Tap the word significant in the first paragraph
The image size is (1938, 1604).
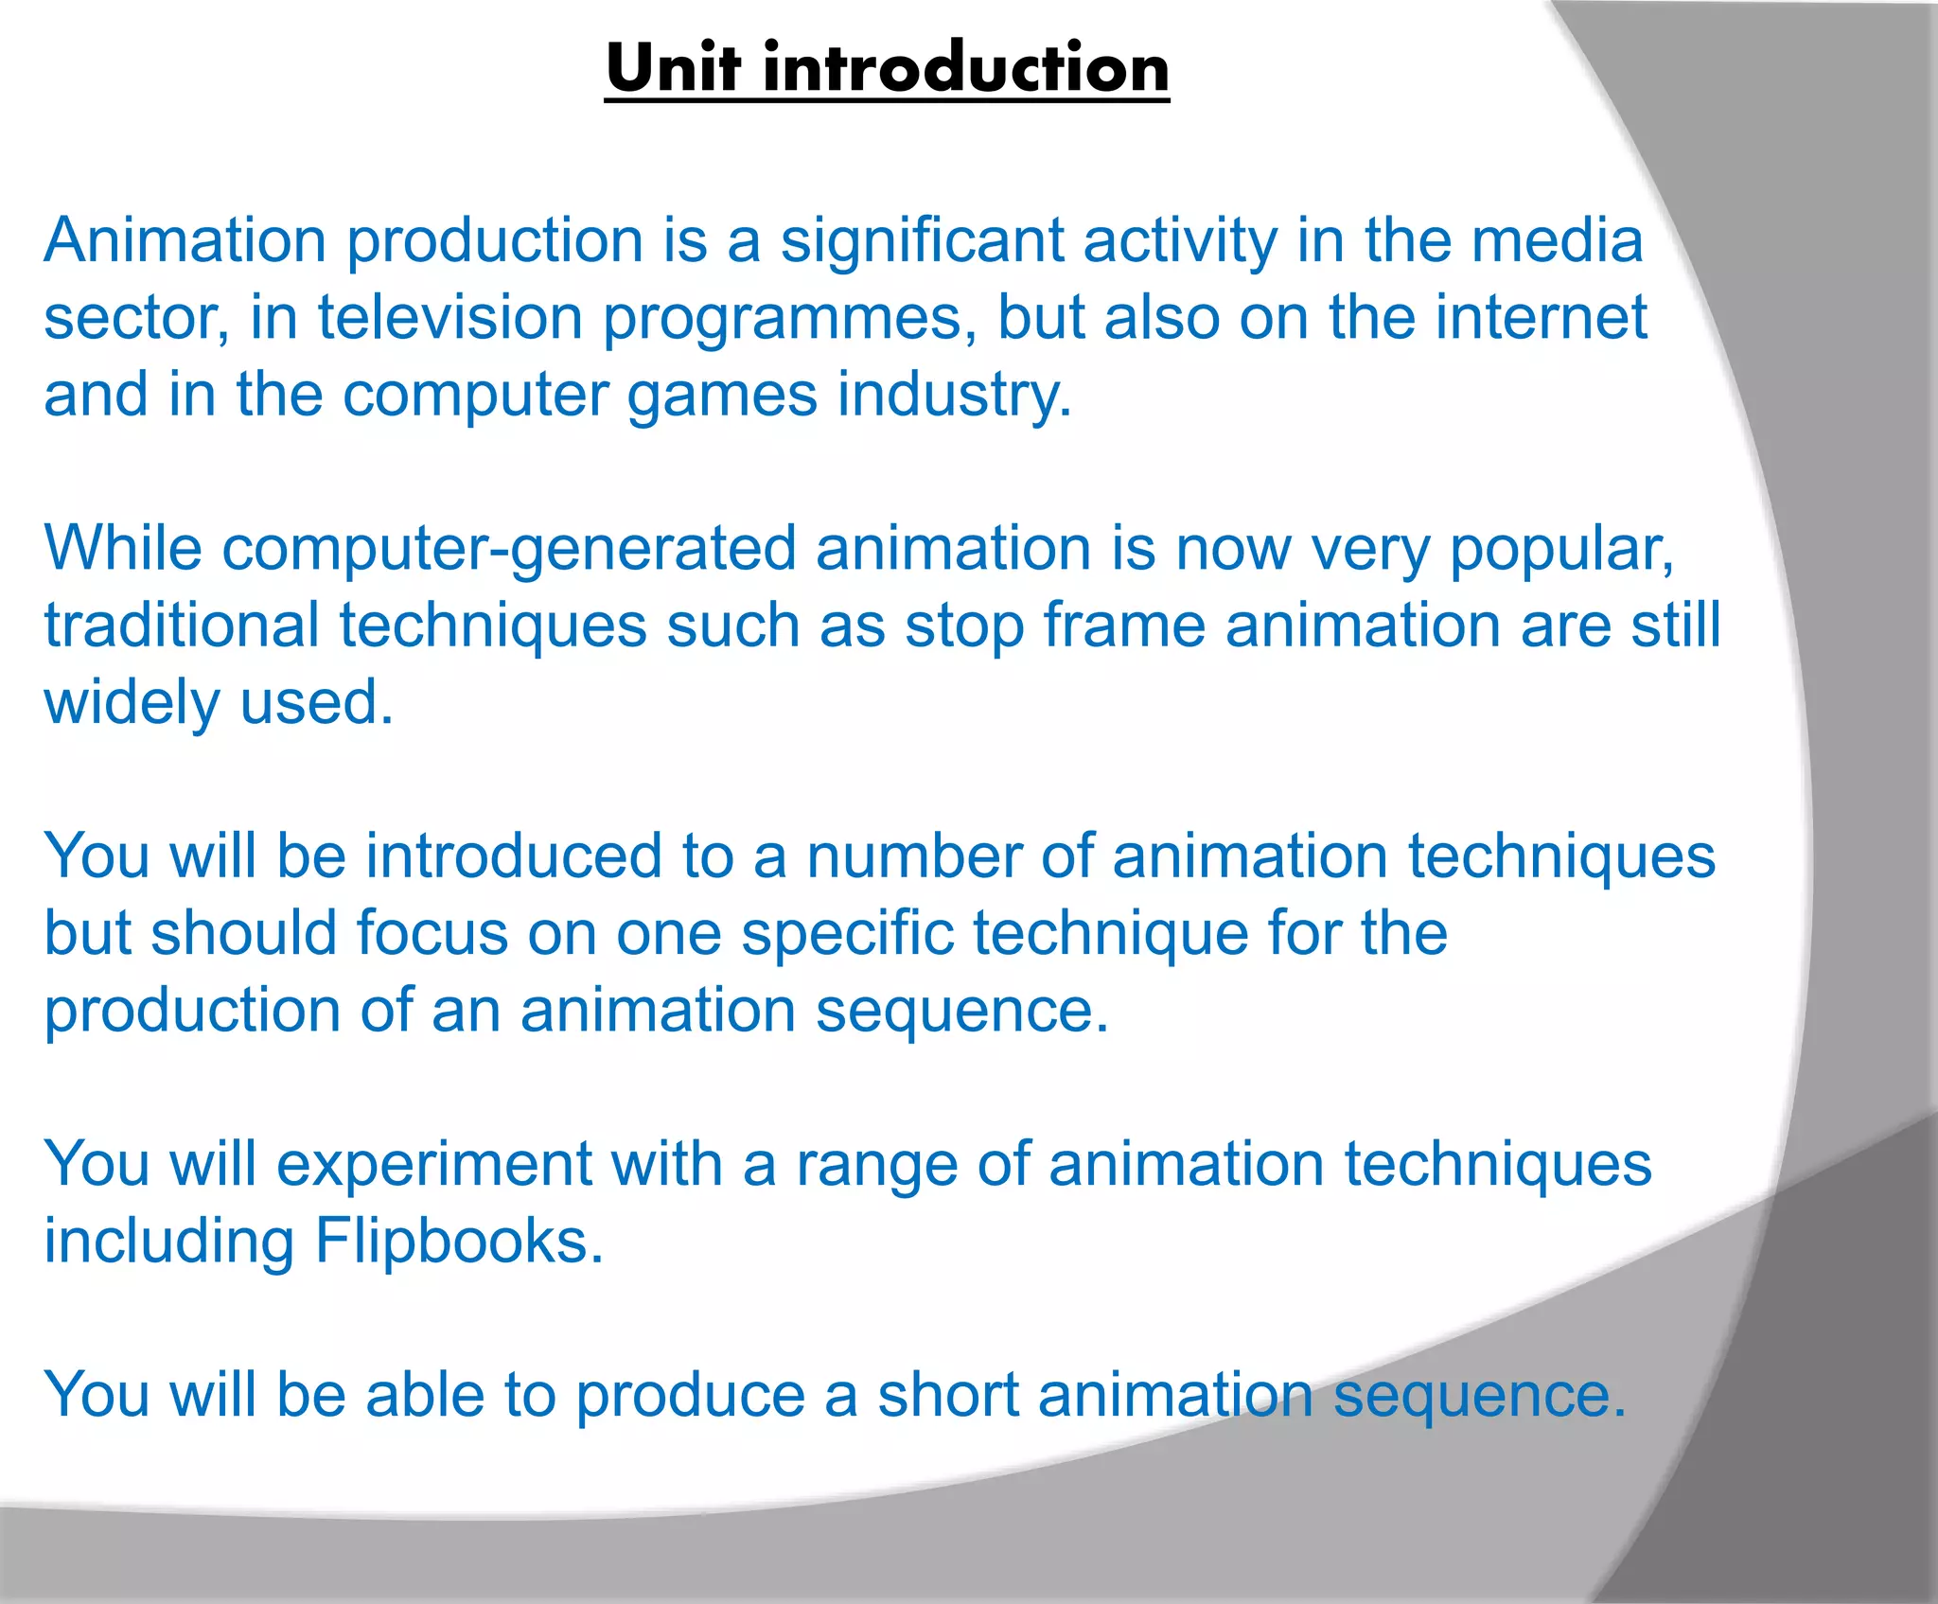[922, 241]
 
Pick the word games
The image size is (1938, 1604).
[722, 396]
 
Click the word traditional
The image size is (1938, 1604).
[182, 626]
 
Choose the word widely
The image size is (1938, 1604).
[132, 703]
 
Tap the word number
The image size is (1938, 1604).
[913, 856]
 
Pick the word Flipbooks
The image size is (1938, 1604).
[459, 1241]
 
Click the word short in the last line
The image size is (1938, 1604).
[947, 1395]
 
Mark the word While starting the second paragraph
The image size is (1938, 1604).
[123, 549]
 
